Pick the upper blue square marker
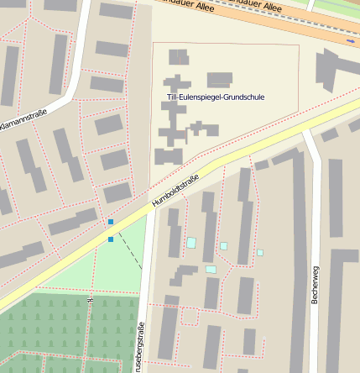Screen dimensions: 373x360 click(111, 222)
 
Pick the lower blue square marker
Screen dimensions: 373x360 click(111, 239)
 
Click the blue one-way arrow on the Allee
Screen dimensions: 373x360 click(350, 40)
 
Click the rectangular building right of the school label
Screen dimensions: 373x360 click(220, 80)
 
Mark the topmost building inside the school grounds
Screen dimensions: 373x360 click(178, 57)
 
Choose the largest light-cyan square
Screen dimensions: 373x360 click(191, 243)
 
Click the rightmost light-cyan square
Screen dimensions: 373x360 click(260, 252)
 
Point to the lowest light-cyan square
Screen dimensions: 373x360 click(211, 270)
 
